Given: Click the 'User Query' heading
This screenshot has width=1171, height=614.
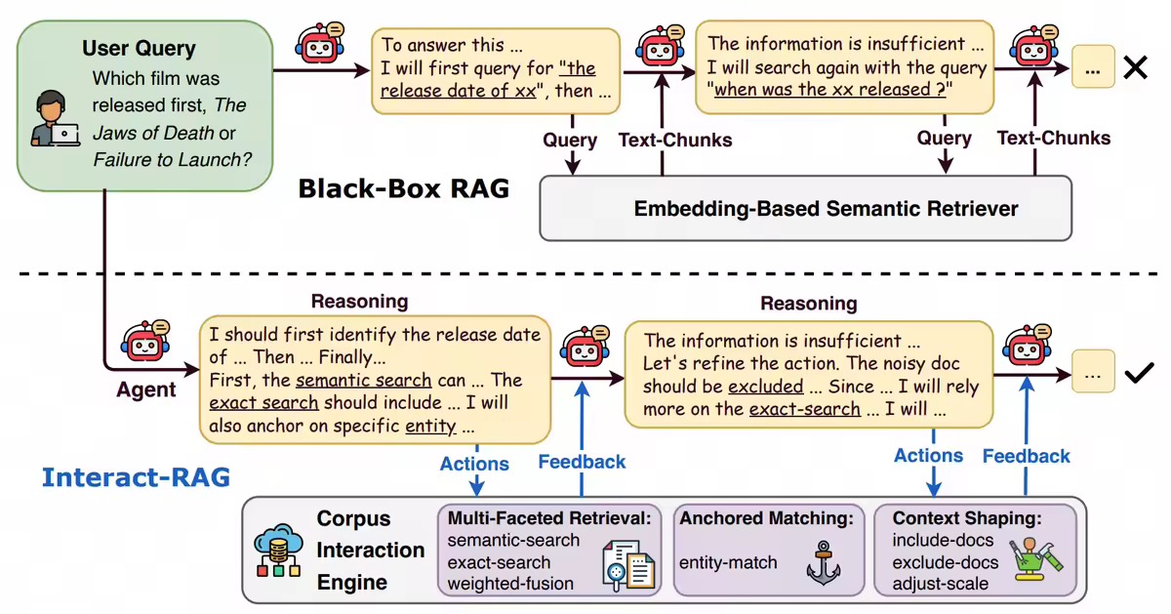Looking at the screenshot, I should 139,48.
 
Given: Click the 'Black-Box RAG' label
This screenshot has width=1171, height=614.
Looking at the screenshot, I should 404,187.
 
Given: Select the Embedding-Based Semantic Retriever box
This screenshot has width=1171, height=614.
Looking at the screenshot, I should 805,208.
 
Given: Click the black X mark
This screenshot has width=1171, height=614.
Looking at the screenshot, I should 1135,68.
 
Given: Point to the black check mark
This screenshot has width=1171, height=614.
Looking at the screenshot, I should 1139,373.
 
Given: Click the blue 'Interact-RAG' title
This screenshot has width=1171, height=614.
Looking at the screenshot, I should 136,477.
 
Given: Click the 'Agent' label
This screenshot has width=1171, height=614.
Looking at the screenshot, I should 146,390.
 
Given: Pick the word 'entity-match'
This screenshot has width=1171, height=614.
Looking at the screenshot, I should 728,562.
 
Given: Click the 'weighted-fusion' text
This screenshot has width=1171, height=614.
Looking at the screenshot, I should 510,584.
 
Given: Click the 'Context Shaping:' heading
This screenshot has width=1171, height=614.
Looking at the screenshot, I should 967,519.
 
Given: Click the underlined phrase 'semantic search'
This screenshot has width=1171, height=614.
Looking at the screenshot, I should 363,380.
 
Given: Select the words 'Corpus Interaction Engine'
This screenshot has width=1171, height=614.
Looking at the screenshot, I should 371,551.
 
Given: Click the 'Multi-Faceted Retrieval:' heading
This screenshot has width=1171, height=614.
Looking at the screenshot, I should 549,519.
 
